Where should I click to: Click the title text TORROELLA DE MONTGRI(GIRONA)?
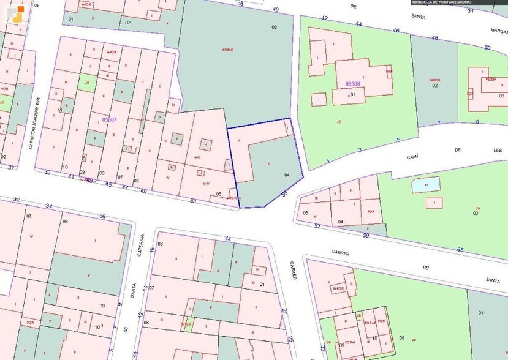click(x=446, y=2)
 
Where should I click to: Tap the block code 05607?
click(x=108, y=120)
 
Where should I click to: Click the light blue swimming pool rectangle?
click(x=425, y=184)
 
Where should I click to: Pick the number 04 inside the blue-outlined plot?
click(x=287, y=174)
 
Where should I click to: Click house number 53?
click(x=193, y=200)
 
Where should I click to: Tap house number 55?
click(x=284, y=194)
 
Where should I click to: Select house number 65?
click(x=460, y=249)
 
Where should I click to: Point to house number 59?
click(x=366, y=235)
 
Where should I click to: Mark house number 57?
click(x=317, y=226)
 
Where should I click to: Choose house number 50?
click(x=487, y=48)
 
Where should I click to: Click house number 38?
click(x=240, y=3)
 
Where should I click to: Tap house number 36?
click(x=102, y=216)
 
